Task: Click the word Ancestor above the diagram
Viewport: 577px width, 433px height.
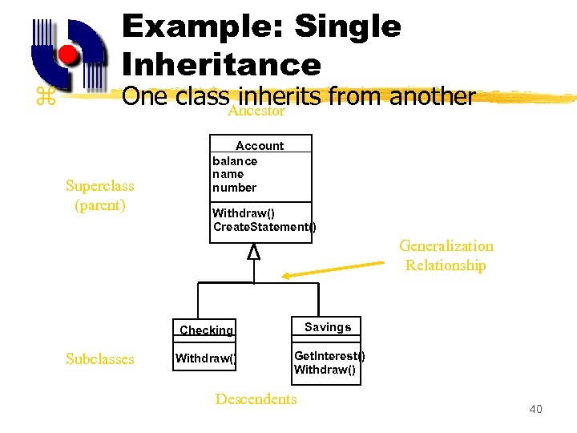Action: tap(256, 111)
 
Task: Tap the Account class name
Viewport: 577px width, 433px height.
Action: tap(260, 145)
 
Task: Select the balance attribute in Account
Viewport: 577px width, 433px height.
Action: tap(235, 161)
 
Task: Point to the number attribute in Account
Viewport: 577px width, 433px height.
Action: tap(234, 188)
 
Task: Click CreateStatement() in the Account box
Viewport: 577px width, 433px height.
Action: tap(264, 227)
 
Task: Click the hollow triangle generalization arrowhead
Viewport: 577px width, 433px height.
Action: tap(254, 253)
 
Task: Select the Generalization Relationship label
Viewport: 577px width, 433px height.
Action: tap(446, 256)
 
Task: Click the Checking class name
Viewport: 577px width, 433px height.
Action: tap(206, 330)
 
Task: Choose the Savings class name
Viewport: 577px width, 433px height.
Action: tap(328, 327)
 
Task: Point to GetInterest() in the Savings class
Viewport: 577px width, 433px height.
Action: tap(329, 356)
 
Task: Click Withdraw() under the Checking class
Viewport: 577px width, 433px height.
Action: tap(206, 358)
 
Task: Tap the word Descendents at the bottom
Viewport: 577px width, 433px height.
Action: tap(256, 399)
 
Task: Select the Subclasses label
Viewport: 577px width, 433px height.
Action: tap(100, 359)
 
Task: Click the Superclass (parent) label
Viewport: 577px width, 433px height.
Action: tap(100, 196)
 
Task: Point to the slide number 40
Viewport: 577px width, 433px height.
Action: tap(535, 410)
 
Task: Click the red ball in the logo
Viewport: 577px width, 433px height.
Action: tap(68, 55)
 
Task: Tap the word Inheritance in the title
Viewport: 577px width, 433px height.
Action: tap(221, 64)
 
